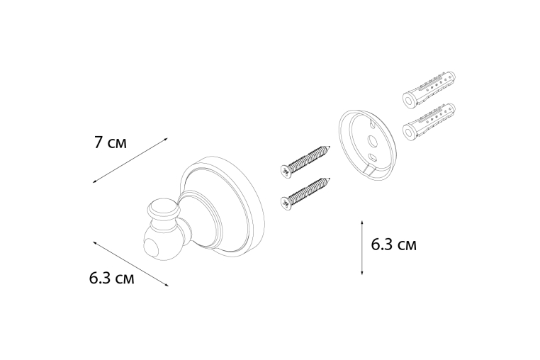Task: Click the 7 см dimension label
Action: (111, 142)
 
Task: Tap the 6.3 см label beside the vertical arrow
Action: (393, 244)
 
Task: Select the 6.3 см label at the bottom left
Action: (111, 278)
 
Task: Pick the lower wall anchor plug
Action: (429, 122)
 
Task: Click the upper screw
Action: (305, 161)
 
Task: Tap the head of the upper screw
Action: (286, 171)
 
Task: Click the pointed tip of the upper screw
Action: (331, 147)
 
